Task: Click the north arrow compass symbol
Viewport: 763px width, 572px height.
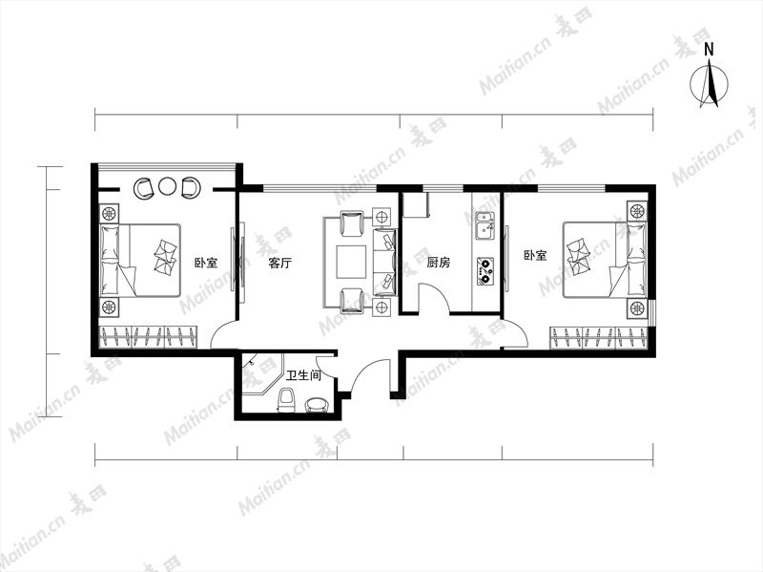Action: [x=710, y=83]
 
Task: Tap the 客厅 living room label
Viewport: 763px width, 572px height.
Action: [x=279, y=264]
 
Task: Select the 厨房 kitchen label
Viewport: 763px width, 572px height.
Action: [x=439, y=264]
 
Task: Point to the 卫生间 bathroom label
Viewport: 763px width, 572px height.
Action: [x=303, y=375]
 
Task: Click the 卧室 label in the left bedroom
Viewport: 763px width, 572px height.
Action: [x=206, y=264]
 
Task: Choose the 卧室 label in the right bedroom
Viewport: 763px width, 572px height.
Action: [x=535, y=255]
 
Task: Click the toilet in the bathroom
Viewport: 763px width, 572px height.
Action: [x=287, y=399]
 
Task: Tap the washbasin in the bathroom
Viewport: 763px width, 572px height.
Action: [x=317, y=406]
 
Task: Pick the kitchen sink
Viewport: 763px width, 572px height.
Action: [x=485, y=226]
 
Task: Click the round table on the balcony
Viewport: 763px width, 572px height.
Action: [x=167, y=186]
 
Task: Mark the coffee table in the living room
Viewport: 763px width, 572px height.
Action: [x=351, y=262]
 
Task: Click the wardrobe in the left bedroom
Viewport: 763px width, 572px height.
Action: [x=149, y=337]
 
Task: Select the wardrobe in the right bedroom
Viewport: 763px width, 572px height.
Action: [x=599, y=338]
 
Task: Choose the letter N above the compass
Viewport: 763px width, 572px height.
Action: [x=710, y=50]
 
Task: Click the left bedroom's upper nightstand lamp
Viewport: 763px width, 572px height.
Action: [x=109, y=213]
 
